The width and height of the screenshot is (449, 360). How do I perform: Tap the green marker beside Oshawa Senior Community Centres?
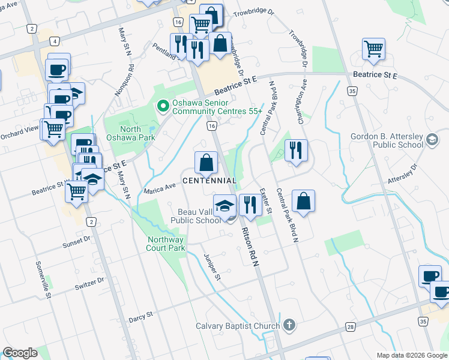tap(161, 107)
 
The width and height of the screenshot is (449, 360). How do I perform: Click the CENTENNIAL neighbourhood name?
tap(209, 181)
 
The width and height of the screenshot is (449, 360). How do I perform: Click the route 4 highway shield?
tap(55, 41)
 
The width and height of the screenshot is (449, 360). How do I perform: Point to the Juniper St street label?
tap(212, 267)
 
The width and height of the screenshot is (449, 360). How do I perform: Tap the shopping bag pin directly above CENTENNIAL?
tap(206, 163)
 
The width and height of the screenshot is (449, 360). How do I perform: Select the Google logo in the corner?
tap(20, 353)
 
